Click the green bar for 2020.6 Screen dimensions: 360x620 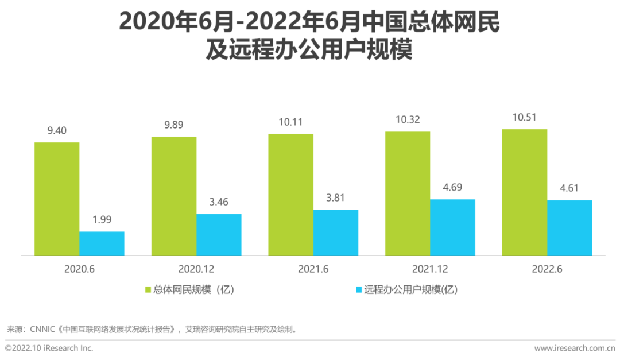(57, 199)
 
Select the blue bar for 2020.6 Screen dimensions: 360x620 (102, 243)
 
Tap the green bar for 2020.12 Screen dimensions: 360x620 (174, 196)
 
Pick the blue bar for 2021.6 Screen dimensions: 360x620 (335, 233)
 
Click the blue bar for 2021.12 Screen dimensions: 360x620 (452, 227)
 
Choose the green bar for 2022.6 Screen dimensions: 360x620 (524, 192)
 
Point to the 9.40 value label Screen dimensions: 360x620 (57, 131)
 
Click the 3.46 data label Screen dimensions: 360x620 (219, 203)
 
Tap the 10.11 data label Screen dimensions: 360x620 (290, 122)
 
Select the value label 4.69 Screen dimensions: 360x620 (452, 187)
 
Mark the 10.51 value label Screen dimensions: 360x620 (524, 118)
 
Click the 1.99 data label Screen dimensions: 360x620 (102, 220)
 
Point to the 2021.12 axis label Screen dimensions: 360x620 (430, 269)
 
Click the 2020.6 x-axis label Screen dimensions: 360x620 (79, 269)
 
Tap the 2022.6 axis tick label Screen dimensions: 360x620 (547, 269)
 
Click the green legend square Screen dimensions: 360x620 (148, 290)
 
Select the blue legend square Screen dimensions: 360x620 (359, 290)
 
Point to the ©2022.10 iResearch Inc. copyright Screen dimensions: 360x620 (49, 348)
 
